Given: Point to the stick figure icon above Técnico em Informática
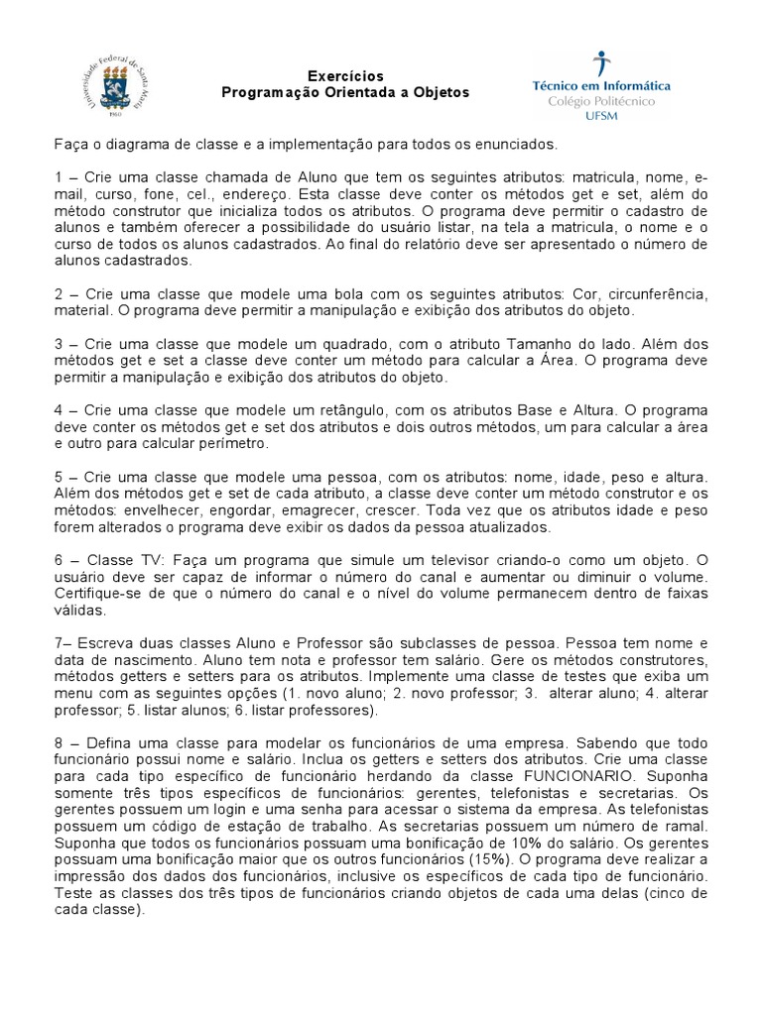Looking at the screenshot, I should tap(598, 64).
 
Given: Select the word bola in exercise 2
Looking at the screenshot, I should tap(300, 296).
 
